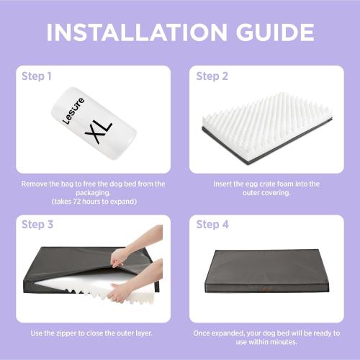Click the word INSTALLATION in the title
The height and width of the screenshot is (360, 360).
[137, 32]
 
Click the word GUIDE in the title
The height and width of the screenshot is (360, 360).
[275, 32]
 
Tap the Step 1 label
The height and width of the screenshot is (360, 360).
[37, 76]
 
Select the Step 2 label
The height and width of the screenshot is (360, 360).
[212, 76]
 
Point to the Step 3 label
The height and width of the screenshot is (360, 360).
[37, 225]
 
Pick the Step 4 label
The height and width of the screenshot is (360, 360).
[212, 225]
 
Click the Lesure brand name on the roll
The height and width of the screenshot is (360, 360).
[73, 111]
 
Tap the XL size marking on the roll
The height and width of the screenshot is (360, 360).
[99, 132]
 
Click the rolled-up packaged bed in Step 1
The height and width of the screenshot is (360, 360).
[94, 124]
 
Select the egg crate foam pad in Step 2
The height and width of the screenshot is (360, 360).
[267, 128]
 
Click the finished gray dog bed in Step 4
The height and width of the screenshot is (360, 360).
[267, 271]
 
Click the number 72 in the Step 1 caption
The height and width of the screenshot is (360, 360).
[77, 201]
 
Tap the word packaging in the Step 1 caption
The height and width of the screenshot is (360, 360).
[93, 193]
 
